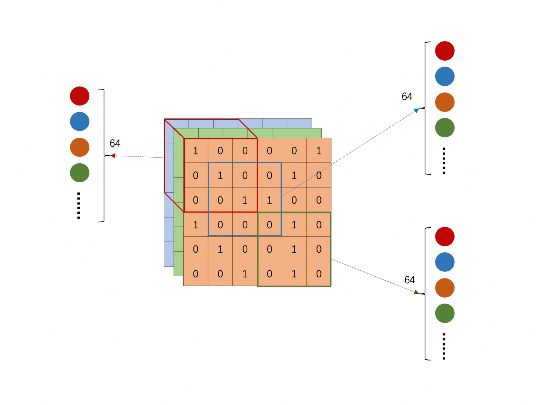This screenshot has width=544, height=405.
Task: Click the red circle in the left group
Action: [x=80, y=96]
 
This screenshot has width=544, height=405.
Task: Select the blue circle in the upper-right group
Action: [x=444, y=76]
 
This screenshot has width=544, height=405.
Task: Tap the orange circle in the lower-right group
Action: [x=444, y=287]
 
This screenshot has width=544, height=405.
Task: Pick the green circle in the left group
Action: [x=80, y=173]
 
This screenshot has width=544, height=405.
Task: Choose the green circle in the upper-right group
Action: [x=444, y=128]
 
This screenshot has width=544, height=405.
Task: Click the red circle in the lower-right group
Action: [x=444, y=237]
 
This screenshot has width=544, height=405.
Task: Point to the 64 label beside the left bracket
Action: [x=115, y=143]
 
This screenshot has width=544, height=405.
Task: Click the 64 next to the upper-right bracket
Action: [x=407, y=97]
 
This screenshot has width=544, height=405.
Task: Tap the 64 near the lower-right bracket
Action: [x=410, y=280]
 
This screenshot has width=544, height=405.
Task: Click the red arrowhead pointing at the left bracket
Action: [x=113, y=156]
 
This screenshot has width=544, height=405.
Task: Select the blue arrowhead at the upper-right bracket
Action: [x=416, y=110]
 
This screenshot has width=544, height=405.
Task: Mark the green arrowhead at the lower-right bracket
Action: [x=416, y=292]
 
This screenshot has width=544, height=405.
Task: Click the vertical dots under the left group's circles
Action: [x=79, y=205]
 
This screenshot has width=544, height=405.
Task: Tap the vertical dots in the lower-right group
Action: [x=444, y=346]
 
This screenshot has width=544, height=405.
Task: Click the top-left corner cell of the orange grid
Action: [x=196, y=150]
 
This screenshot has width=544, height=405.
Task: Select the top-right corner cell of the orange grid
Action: [x=319, y=150]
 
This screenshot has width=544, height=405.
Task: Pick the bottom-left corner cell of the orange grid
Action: [x=196, y=274]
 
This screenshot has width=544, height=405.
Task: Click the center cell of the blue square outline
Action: [x=245, y=200]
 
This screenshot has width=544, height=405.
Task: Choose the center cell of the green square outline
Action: [x=294, y=249]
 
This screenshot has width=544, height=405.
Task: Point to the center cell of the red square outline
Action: [x=220, y=175]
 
